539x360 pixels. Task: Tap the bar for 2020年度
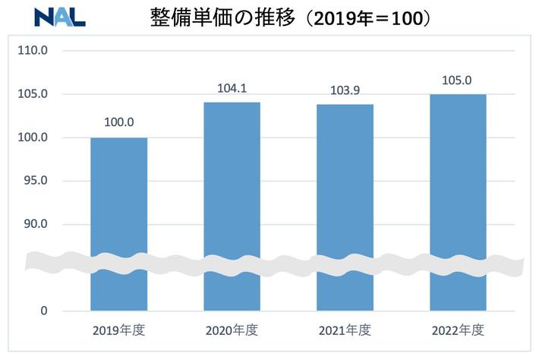(x=232, y=205)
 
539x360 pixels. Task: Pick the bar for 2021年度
(x=345, y=205)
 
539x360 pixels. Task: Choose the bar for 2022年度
(x=459, y=201)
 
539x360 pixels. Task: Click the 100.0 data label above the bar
(x=119, y=122)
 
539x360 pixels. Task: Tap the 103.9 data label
(x=345, y=89)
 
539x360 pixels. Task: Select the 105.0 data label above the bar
(x=459, y=79)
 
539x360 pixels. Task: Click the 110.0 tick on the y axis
(x=33, y=51)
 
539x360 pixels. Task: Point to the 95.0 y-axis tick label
(x=33, y=182)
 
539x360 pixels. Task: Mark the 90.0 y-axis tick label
(x=33, y=225)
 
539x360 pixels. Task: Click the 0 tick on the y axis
(x=44, y=311)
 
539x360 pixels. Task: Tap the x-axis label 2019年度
(x=118, y=330)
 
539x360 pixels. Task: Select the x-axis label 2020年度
(x=232, y=330)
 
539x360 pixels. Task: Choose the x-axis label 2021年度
(x=345, y=330)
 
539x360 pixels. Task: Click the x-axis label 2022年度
(x=459, y=330)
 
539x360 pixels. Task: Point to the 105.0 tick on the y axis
(x=33, y=95)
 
